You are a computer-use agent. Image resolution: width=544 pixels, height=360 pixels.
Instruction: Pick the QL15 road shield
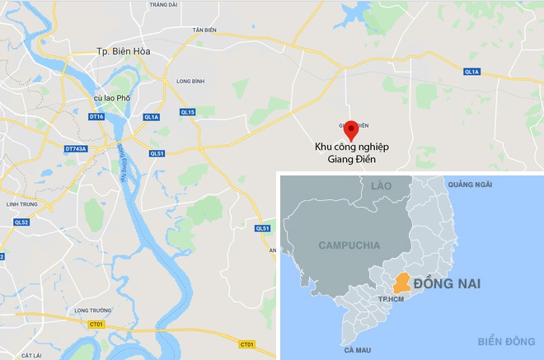188,112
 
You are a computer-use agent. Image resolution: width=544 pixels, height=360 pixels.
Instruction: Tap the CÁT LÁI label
31,355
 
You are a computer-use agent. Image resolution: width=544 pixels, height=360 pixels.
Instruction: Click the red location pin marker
351,130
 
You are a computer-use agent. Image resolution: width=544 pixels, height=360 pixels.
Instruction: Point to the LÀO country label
381,187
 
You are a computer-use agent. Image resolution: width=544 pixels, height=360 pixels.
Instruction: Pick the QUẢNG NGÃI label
470,184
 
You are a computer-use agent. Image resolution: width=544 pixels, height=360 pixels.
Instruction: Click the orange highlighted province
401,283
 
